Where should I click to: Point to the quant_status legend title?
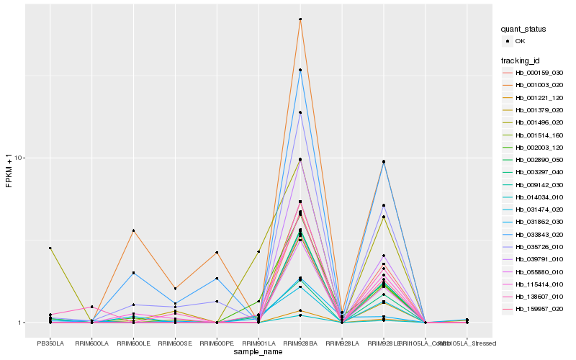pyautogui.click(x=523, y=30)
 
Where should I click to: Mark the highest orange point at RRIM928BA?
pyautogui.click(x=300, y=19)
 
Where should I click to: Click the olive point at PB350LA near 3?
pyautogui.click(x=50, y=248)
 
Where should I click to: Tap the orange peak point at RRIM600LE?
pyautogui.click(x=133, y=230)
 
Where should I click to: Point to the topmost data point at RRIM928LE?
pyautogui.click(x=384, y=161)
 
